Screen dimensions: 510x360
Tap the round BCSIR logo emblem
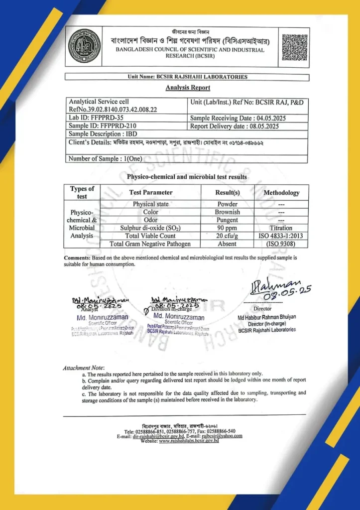(84, 46)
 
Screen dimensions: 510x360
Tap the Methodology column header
(281, 192)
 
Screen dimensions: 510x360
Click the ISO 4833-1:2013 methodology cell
(281, 236)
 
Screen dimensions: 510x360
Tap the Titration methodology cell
(281, 228)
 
